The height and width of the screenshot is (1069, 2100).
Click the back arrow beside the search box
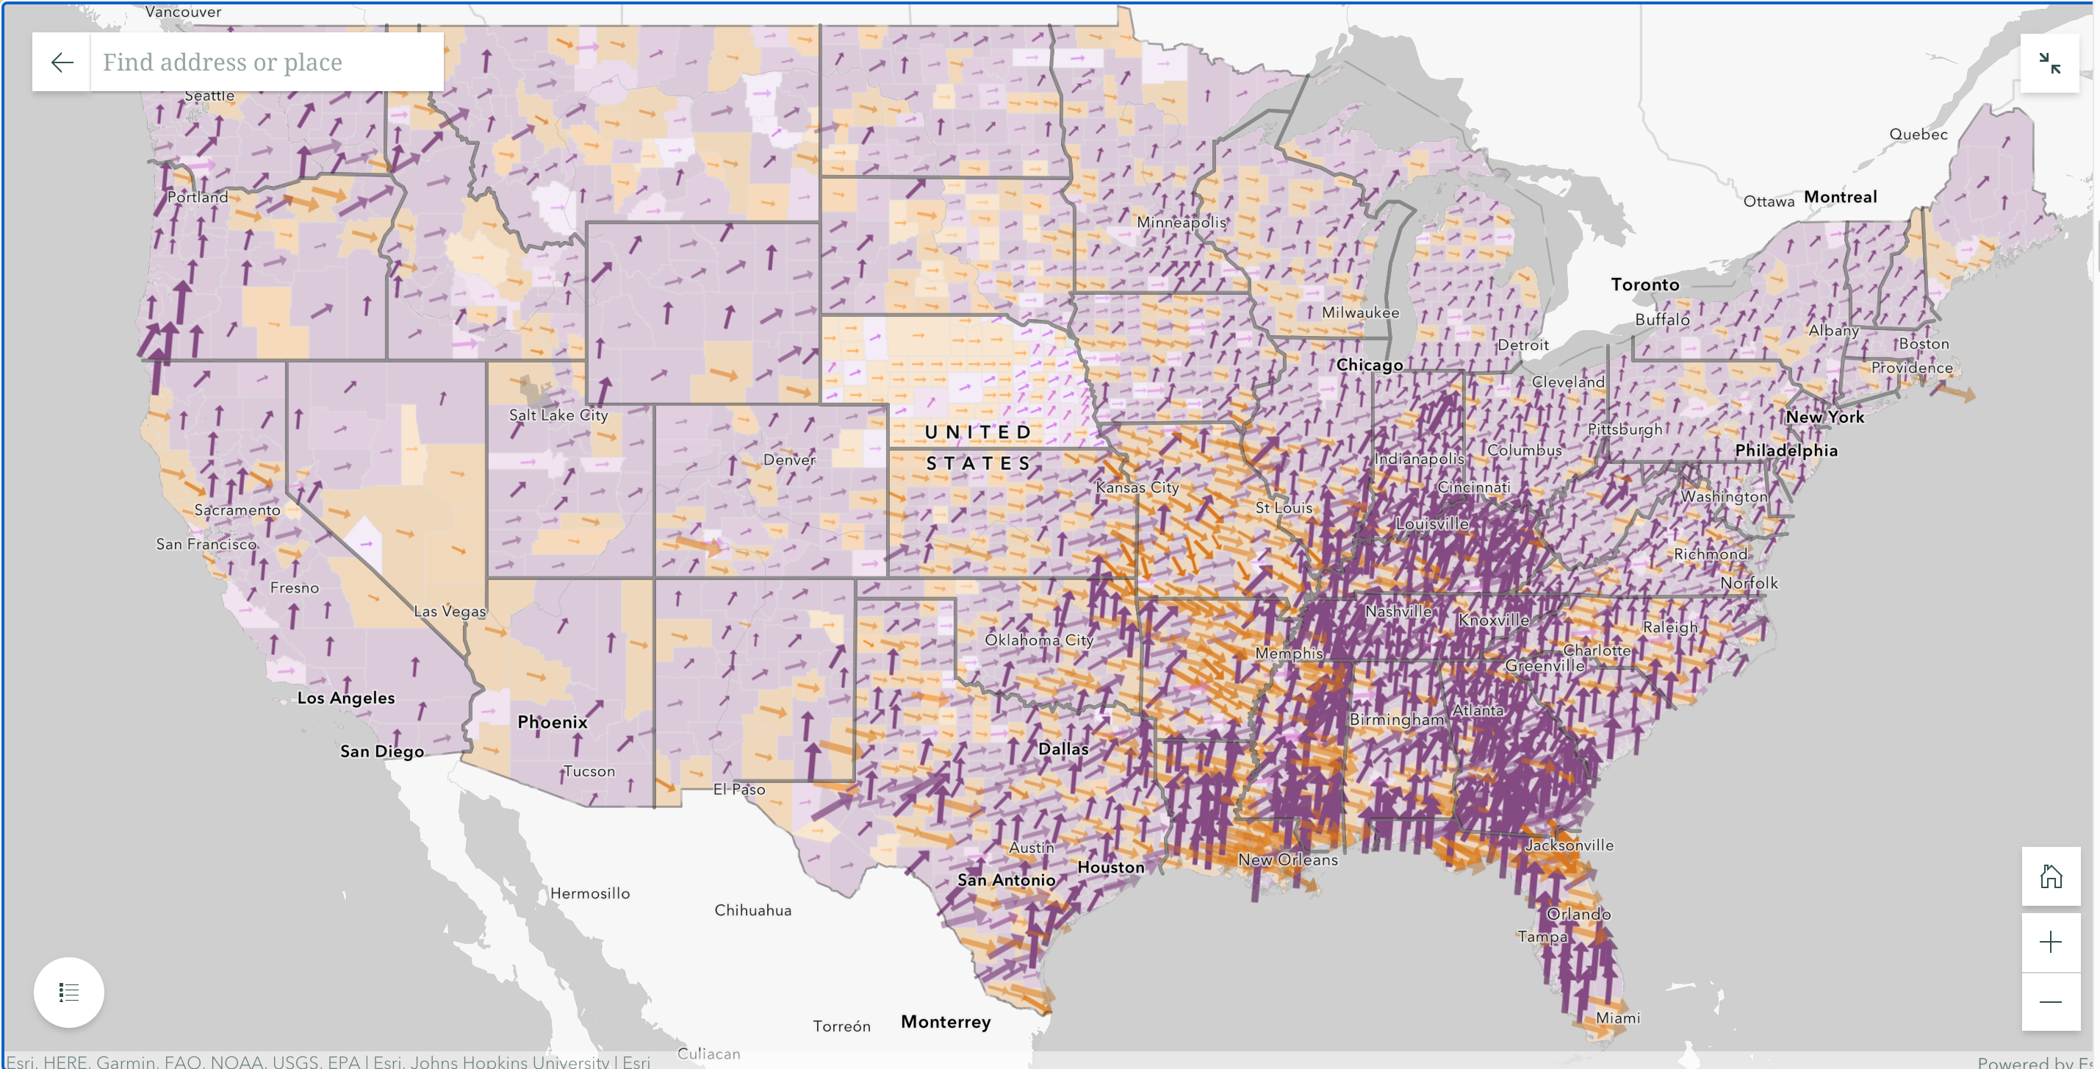coord(62,62)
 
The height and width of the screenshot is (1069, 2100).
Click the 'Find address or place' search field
coord(265,62)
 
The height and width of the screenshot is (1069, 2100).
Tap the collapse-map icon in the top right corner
coord(2049,62)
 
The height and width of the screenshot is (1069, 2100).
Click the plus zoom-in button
coord(2049,943)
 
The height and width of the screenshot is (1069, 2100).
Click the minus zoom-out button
coord(2049,1001)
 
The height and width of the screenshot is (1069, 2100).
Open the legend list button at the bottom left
coord(68,992)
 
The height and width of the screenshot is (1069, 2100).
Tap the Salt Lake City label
coord(558,415)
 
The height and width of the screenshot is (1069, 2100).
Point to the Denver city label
coord(788,460)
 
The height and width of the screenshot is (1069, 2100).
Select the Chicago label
coord(1369,365)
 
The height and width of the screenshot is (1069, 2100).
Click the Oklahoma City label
coord(1038,640)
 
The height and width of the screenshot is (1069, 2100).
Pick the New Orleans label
coord(1287,859)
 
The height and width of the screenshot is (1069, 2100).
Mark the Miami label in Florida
coord(1617,1018)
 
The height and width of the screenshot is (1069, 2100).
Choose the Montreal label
coord(1840,197)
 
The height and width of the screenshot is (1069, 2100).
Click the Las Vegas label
coord(449,612)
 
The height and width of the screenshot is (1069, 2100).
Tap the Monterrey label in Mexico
coord(945,1022)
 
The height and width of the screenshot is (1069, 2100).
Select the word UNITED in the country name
coord(977,432)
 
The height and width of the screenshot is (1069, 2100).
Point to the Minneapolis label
coord(1181,223)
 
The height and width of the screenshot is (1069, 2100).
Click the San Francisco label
coord(206,544)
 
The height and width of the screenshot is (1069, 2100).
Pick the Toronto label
coord(1644,285)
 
